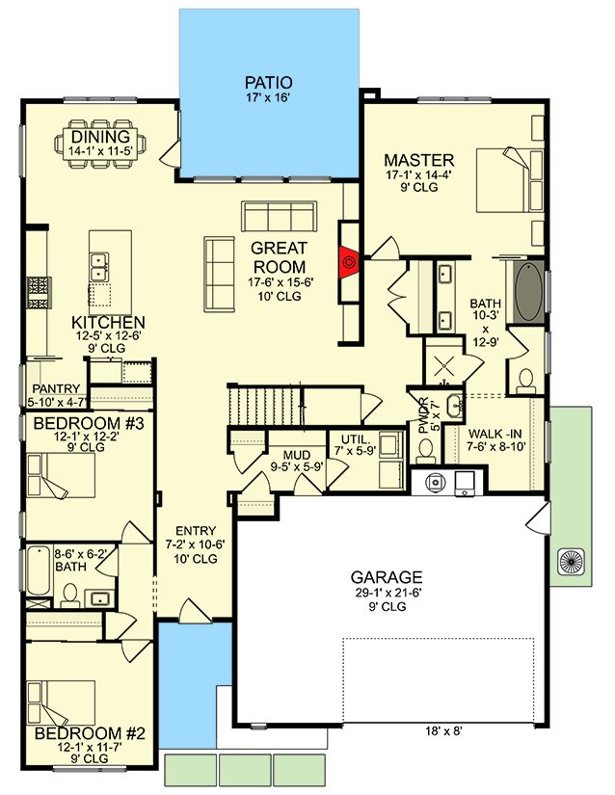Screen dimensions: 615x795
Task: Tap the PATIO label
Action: (x=269, y=82)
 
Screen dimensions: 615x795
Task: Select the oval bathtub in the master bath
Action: (x=529, y=292)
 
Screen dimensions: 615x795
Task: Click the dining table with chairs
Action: (x=101, y=144)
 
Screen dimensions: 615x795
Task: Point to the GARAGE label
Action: (x=387, y=577)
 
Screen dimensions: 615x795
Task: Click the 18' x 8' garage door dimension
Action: (x=443, y=731)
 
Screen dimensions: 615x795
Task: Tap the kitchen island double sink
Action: (x=99, y=267)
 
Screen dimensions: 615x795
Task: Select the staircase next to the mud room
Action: (x=265, y=407)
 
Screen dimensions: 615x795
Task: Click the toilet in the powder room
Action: (x=425, y=450)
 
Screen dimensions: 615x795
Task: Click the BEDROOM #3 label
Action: (x=89, y=423)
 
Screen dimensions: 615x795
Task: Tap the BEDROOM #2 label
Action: (x=90, y=733)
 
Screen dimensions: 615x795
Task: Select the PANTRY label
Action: (x=56, y=389)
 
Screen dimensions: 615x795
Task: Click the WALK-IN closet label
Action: (x=495, y=434)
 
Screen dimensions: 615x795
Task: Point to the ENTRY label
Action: (x=196, y=531)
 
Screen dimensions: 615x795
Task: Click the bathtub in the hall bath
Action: (x=39, y=570)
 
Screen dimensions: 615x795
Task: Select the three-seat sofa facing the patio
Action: (x=279, y=217)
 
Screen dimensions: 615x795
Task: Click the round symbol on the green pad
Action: (x=573, y=562)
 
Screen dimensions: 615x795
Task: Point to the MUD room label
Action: (x=297, y=455)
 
